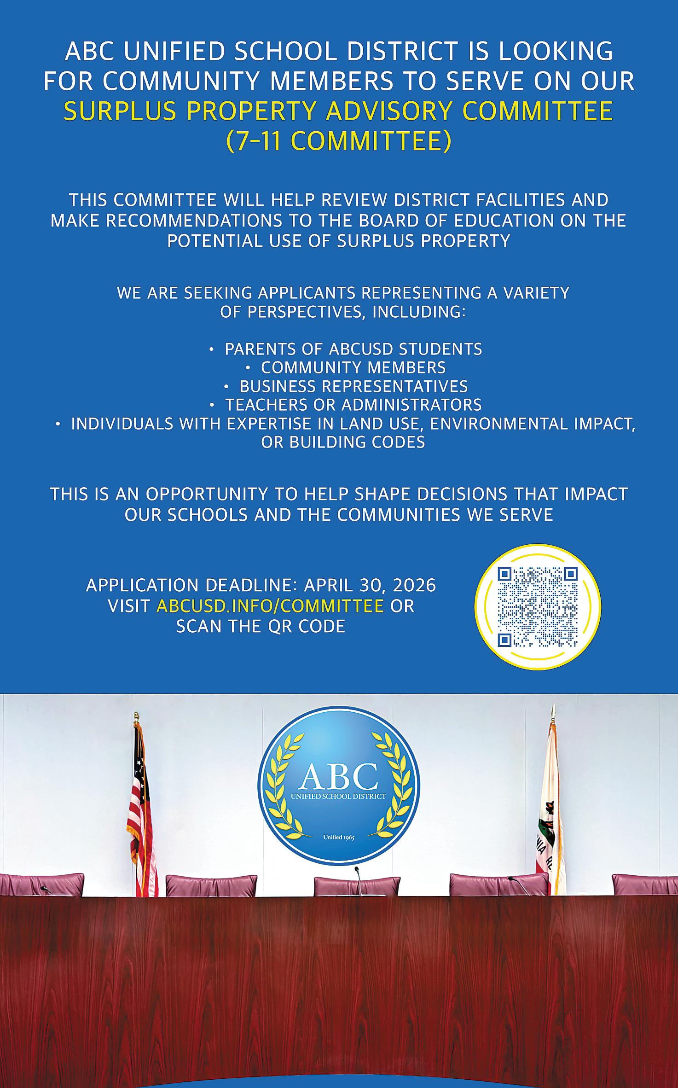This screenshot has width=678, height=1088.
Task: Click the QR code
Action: (x=538, y=606)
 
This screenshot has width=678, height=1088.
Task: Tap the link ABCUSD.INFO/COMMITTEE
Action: (x=270, y=606)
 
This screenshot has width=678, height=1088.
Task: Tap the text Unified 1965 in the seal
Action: (x=339, y=838)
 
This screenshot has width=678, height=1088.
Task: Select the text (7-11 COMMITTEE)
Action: (x=339, y=141)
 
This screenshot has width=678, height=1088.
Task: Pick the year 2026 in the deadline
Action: (x=414, y=585)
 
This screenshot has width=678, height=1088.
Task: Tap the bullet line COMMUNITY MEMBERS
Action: (x=353, y=367)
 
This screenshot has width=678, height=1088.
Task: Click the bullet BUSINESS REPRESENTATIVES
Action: (x=353, y=386)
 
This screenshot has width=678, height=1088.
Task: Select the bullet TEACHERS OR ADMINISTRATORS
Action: (x=353, y=405)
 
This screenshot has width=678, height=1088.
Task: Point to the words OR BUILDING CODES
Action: (x=343, y=442)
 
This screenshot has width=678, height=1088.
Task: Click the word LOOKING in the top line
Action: (x=556, y=51)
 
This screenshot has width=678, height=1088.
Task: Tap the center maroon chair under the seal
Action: (x=357, y=886)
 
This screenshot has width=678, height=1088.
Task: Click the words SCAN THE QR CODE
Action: (x=261, y=627)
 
